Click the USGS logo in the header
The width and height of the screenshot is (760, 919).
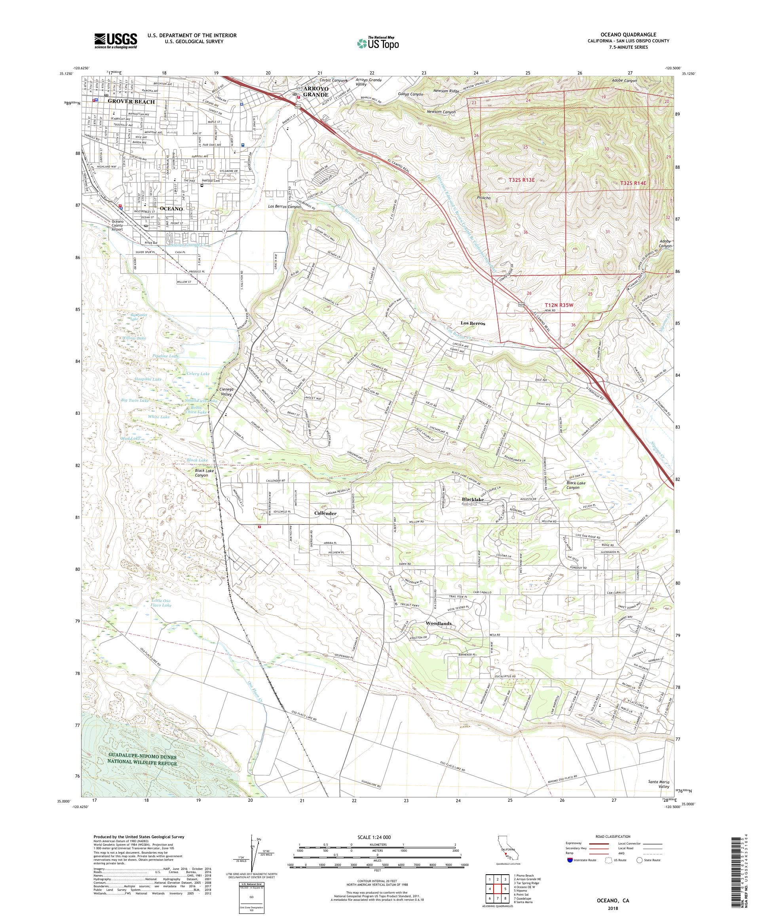coord(116,41)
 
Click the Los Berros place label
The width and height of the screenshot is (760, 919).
coord(473,323)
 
